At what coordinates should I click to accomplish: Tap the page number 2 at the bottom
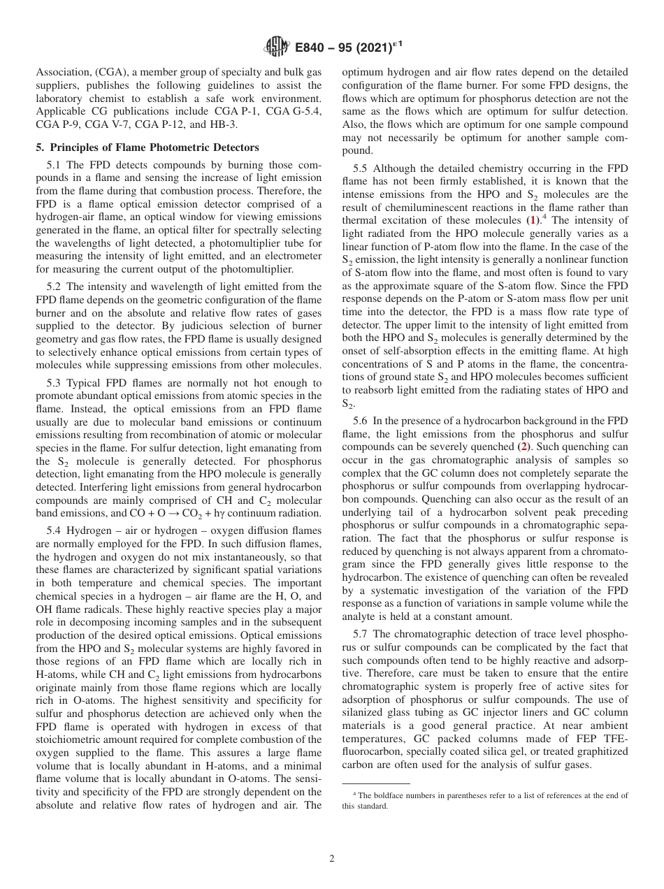coord(332,859)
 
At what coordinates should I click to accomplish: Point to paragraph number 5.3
coord(56,383)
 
